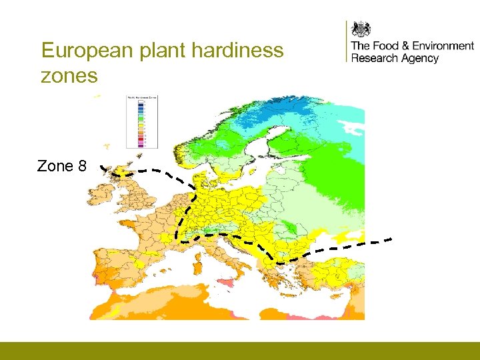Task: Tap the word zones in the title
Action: pyautogui.click(x=69, y=76)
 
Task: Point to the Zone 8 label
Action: pyautogui.click(x=61, y=166)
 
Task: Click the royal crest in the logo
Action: pyautogui.click(x=361, y=29)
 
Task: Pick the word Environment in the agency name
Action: pyautogui.click(x=443, y=46)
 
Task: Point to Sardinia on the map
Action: pyautogui.click(x=197, y=267)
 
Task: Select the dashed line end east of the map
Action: pyautogui.click(x=391, y=239)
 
